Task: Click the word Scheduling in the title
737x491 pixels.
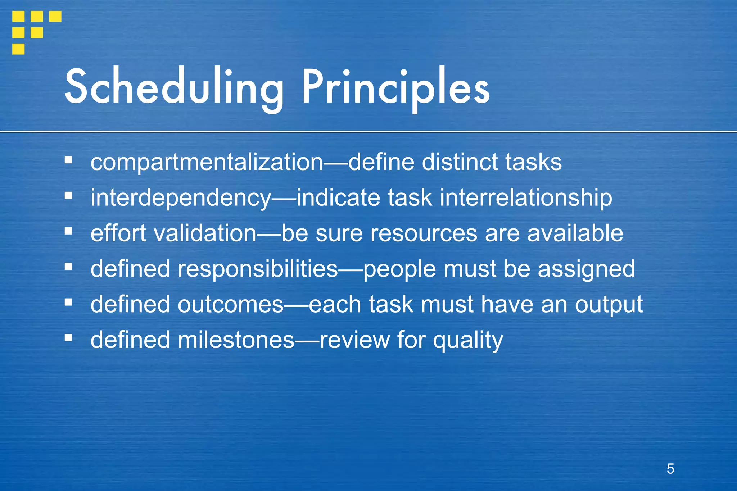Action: coord(174,87)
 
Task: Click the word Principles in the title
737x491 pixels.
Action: coord(395,87)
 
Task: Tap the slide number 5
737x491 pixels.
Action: coord(670,469)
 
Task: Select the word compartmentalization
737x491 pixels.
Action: coord(207,162)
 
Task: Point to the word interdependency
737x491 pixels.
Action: coord(181,198)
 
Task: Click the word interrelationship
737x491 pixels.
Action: coord(526,198)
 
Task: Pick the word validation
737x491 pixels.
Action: coord(205,233)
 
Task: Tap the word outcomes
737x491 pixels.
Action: coord(231,305)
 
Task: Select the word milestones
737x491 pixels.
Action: coord(236,340)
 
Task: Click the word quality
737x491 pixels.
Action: coord(468,340)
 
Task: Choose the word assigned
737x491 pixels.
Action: coord(586,269)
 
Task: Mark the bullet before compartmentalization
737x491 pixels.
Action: coord(68,160)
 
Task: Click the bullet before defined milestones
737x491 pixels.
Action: coord(68,338)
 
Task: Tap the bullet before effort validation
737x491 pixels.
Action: coord(68,231)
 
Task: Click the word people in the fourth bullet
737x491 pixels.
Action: coord(399,269)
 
